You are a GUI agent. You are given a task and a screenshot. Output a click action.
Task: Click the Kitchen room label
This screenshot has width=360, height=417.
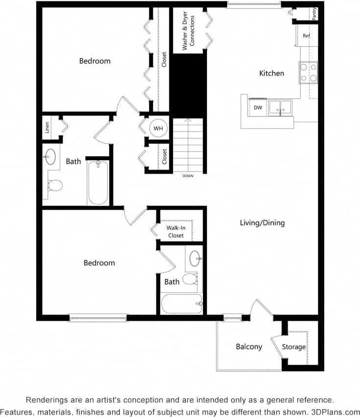(x=271, y=73)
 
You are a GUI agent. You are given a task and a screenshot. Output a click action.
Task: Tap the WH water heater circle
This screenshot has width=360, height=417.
(x=158, y=128)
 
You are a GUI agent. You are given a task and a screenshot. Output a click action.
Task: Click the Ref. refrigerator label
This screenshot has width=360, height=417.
(x=307, y=36)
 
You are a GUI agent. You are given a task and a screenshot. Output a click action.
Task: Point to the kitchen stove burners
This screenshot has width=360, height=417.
(x=308, y=72)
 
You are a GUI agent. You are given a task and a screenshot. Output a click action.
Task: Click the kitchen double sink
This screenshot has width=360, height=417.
(x=280, y=108)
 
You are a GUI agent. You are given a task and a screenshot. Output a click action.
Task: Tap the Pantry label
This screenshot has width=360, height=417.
(x=314, y=13)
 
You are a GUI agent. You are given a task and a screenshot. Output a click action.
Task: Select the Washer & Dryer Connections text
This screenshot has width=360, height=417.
(x=188, y=33)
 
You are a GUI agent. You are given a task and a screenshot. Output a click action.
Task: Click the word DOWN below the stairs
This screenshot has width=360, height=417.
(x=187, y=176)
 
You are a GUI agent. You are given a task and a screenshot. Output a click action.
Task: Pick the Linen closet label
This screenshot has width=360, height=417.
(x=47, y=128)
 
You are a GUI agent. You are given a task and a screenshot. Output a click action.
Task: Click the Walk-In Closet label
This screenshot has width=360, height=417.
(x=176, y=232)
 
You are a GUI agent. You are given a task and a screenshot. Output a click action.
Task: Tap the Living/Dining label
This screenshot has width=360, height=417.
(x=262, y=223)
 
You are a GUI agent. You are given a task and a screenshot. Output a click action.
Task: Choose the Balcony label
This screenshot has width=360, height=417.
(x=249, y=347)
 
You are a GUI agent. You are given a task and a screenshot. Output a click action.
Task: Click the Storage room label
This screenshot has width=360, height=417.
(x=294, y=347)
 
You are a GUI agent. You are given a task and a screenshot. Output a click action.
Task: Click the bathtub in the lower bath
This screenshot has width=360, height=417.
(x=181, y=304)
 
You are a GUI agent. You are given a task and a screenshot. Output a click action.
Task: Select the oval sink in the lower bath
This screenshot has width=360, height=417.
(x=195, y=259)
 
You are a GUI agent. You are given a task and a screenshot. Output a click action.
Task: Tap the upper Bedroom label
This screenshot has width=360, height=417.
(x=95, y=61)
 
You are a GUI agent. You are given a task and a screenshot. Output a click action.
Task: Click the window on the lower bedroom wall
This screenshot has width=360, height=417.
(x=98, y=318)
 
